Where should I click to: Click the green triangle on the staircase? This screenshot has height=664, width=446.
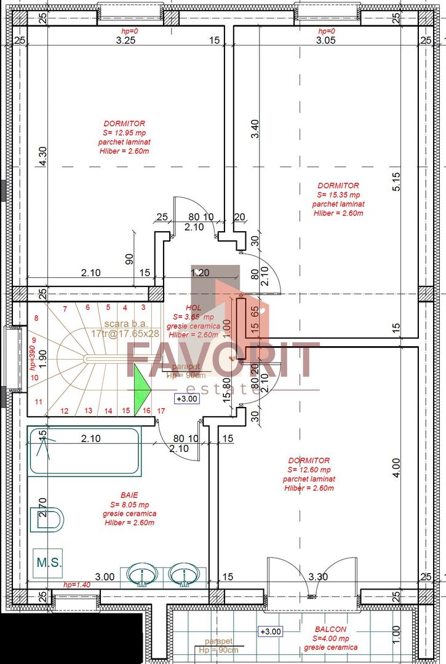(142, 384)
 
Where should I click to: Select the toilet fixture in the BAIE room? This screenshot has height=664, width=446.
(49, 520)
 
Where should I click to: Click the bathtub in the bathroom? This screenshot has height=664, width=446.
(84, 451)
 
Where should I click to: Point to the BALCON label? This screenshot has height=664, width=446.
(330, 630)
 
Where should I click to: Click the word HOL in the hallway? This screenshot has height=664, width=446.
(194, 309)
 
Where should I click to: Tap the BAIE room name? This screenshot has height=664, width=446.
(129, 495)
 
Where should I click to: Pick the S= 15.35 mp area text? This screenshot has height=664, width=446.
(338, 195)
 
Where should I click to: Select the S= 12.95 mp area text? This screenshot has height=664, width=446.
(124, 133)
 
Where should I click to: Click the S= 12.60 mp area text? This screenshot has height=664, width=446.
(309, 470)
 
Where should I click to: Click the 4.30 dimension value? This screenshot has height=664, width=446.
(42, 156)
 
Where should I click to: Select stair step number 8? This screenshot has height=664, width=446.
(36, 318)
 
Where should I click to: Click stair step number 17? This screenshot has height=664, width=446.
(161, 410)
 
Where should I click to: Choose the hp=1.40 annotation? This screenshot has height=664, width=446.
(77, 585)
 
